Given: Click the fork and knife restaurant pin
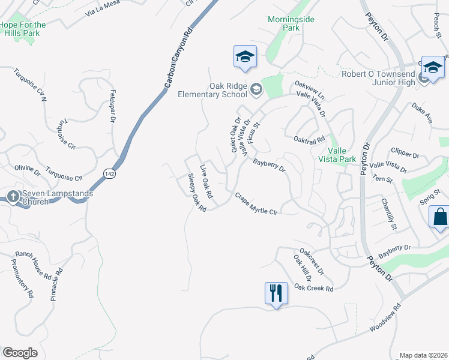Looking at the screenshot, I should (x=276, y=293).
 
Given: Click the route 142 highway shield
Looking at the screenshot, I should (x=109, y=173).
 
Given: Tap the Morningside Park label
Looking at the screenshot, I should (x=291, y=23).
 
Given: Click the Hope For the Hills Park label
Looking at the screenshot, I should (x=23, y=29).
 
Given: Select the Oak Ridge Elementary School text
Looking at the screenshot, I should (x=212, y=90).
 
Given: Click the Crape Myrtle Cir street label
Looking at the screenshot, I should (x=256, y=203).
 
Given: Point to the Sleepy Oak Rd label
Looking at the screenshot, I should (x=197, y=193).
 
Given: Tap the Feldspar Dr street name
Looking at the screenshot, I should (x=112, y=107).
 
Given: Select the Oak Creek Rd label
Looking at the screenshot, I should (x=313, y=288).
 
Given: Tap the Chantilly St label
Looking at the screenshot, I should (x=389, y=216).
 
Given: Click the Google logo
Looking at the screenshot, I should (x=20, y=353).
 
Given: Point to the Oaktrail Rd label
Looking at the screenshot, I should (x=309, y=139).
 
